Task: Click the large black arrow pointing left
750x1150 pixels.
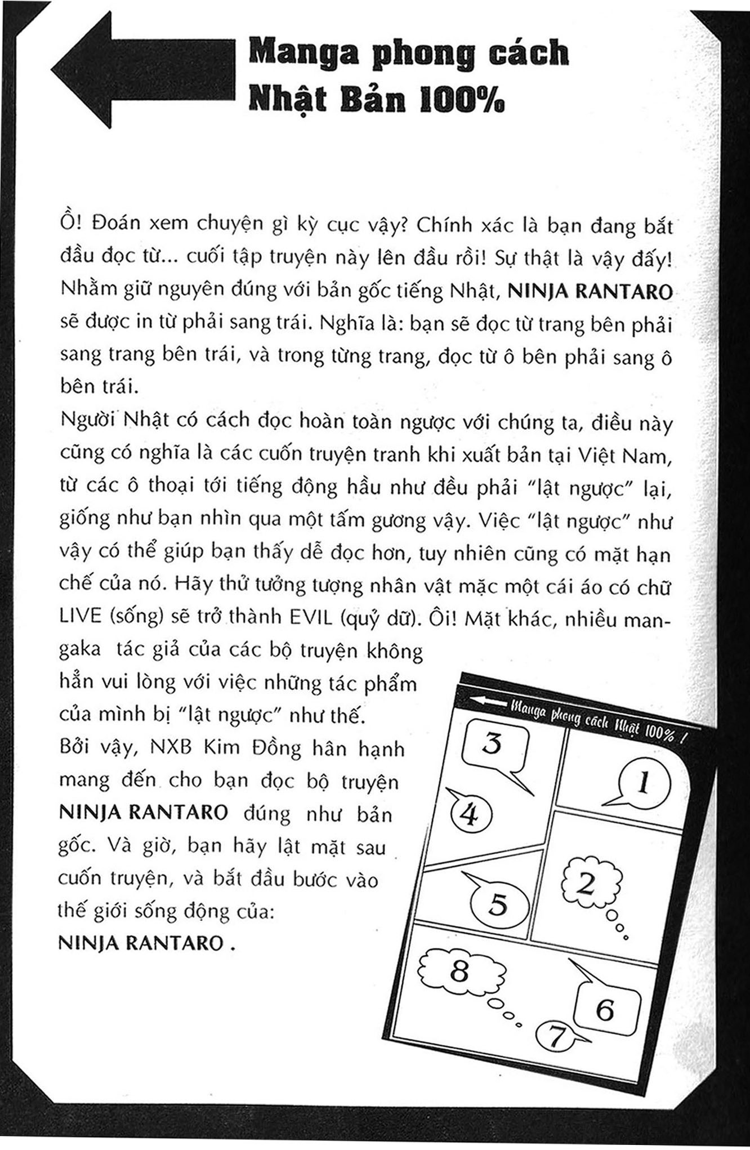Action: [141, 70]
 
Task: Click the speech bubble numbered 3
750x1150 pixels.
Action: [494, 745]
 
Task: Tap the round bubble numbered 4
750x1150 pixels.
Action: [471, 814]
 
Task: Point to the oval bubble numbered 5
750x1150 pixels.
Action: [498, 904]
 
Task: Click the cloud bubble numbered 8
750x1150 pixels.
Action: [460, 970]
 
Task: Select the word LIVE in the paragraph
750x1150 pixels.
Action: [80, 617]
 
